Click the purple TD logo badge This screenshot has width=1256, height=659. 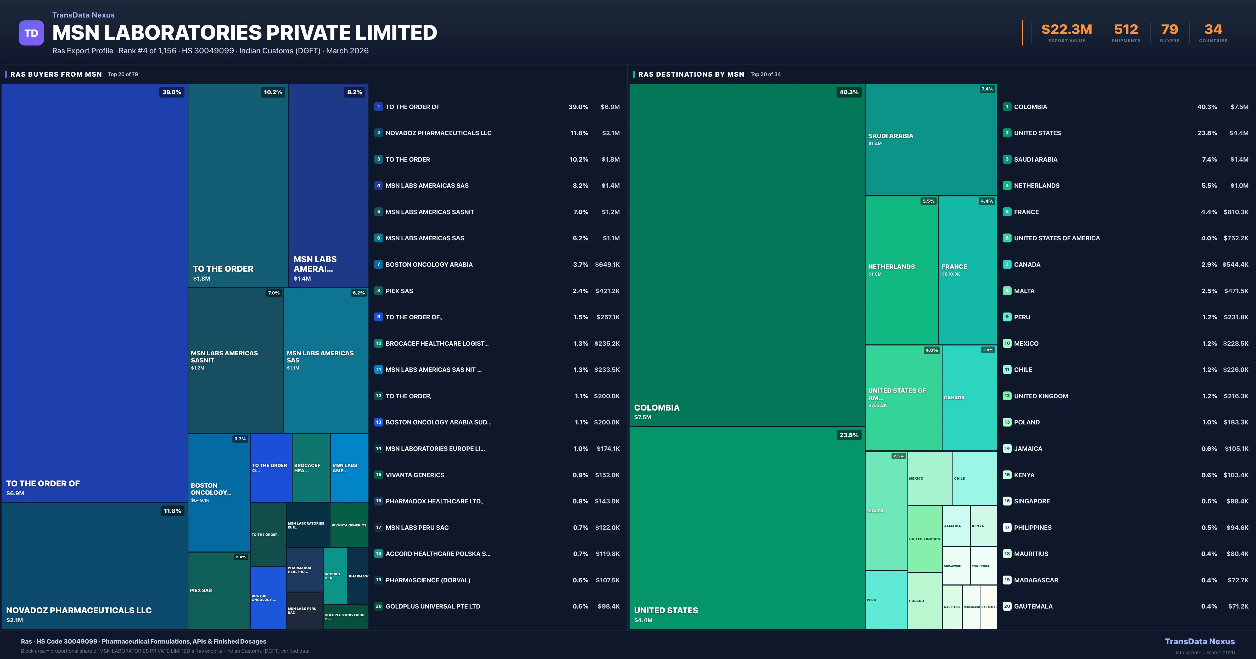tap(31, 33)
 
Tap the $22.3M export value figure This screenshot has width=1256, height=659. tap(1066, 30)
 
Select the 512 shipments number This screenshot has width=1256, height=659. tap(1126, 30)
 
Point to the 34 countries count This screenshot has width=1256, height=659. tap(1213, 30)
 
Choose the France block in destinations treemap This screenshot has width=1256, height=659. tap(967, 270)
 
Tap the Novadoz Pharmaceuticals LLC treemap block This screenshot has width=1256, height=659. tap(94, 565)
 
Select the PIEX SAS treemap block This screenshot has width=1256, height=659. tap(218, 590)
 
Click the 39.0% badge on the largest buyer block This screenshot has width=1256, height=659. tap(172, 92)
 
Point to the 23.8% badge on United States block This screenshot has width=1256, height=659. tap(848, 435)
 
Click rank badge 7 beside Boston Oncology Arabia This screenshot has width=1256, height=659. tap(378, 264)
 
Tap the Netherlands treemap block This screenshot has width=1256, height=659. tap(901, 270)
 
